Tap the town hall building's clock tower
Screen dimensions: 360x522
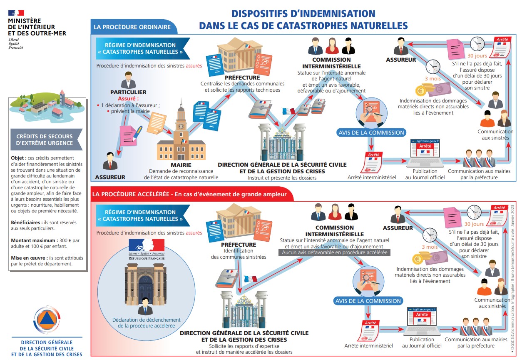tap(181, 121)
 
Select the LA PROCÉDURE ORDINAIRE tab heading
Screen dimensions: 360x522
tap(132, 27)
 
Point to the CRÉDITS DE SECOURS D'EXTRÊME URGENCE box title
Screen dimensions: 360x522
tap(44, 140)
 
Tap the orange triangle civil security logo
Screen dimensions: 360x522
tap(46, 319)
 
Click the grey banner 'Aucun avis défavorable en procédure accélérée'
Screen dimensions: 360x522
tap(335, 252)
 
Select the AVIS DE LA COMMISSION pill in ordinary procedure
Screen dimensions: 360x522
tap(370, 132)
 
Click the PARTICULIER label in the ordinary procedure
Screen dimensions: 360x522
tap(128, 92)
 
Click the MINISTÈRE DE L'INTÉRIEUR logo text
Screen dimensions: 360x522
tap(37, 27)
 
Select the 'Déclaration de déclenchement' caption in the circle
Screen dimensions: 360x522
tap(146, 320)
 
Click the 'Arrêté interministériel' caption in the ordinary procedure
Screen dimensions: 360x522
tap(372, 177)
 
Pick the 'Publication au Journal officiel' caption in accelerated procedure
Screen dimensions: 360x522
tap(422, 342)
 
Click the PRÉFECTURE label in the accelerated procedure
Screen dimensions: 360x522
tap(239, 245)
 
